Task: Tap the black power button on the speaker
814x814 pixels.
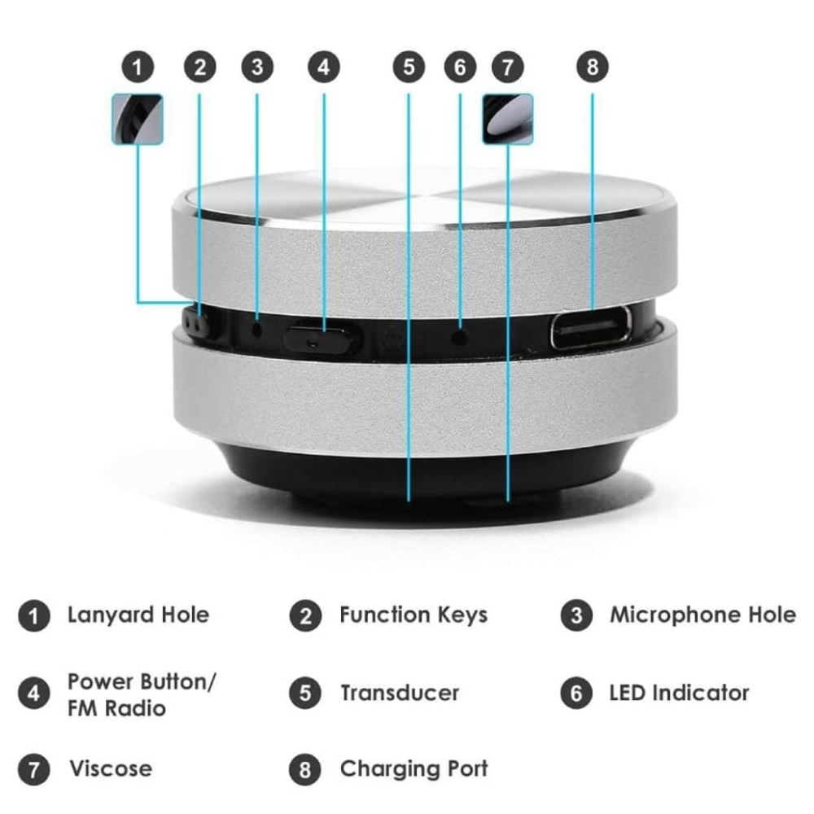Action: [322, 338]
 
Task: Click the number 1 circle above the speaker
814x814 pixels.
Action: [138, 67]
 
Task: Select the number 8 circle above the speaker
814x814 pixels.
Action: [593, 67]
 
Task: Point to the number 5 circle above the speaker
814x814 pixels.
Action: [409, 67]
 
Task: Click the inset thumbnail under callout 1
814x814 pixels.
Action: [138, 119]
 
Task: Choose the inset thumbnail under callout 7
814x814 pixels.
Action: [508, 119]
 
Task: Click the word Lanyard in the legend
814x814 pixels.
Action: [112, 615]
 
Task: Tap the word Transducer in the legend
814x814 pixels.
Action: [400, 693]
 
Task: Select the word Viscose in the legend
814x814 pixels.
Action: [111, 769]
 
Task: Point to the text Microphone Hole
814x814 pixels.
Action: [703, 615]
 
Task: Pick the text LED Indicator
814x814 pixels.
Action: [679, 693]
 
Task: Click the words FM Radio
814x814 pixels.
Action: [116, 708]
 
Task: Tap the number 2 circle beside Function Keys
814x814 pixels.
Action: [306, 616]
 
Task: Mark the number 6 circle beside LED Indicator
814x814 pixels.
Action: [576, 693]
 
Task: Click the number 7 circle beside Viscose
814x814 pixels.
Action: [33, 769]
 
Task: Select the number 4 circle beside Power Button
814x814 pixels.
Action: [33, 693]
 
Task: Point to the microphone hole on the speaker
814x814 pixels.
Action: [257, 328]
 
